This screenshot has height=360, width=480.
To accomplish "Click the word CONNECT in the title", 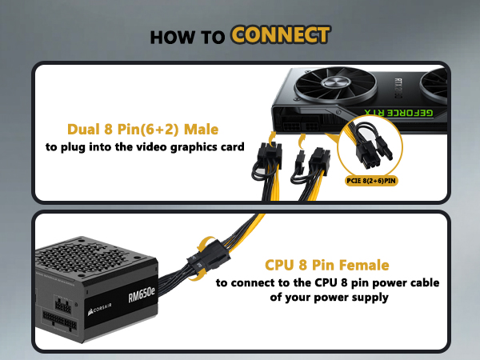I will [281, 35].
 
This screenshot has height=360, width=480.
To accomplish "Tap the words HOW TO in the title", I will [188, 36].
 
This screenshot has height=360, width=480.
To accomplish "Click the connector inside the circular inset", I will [374, 144].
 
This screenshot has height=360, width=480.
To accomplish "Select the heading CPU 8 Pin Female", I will [327, 265].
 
